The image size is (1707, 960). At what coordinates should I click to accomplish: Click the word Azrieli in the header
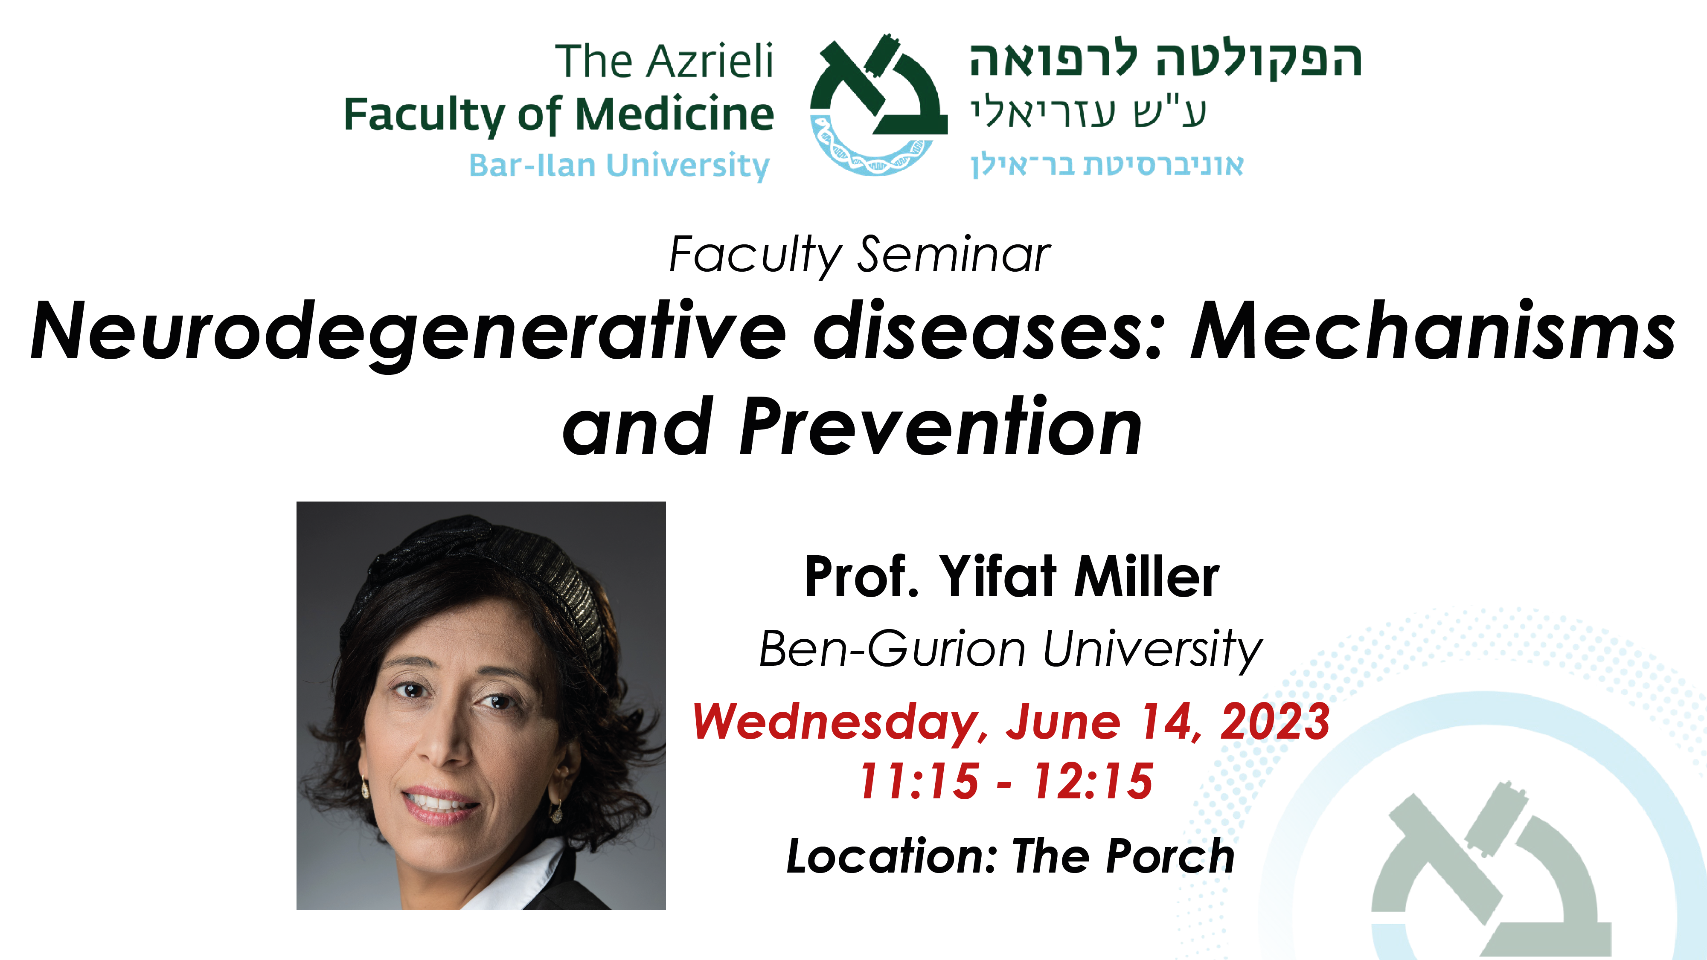click(710, 61)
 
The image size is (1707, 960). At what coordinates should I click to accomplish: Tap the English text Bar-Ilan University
click(619, 165)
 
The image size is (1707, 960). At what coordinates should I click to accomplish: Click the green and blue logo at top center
click(879, 104)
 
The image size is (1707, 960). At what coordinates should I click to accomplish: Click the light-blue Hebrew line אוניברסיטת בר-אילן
click(1107, 165)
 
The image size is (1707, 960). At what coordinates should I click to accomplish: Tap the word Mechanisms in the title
click(1433, 330)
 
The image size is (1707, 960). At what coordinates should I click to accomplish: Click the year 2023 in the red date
click(1274, 722)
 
